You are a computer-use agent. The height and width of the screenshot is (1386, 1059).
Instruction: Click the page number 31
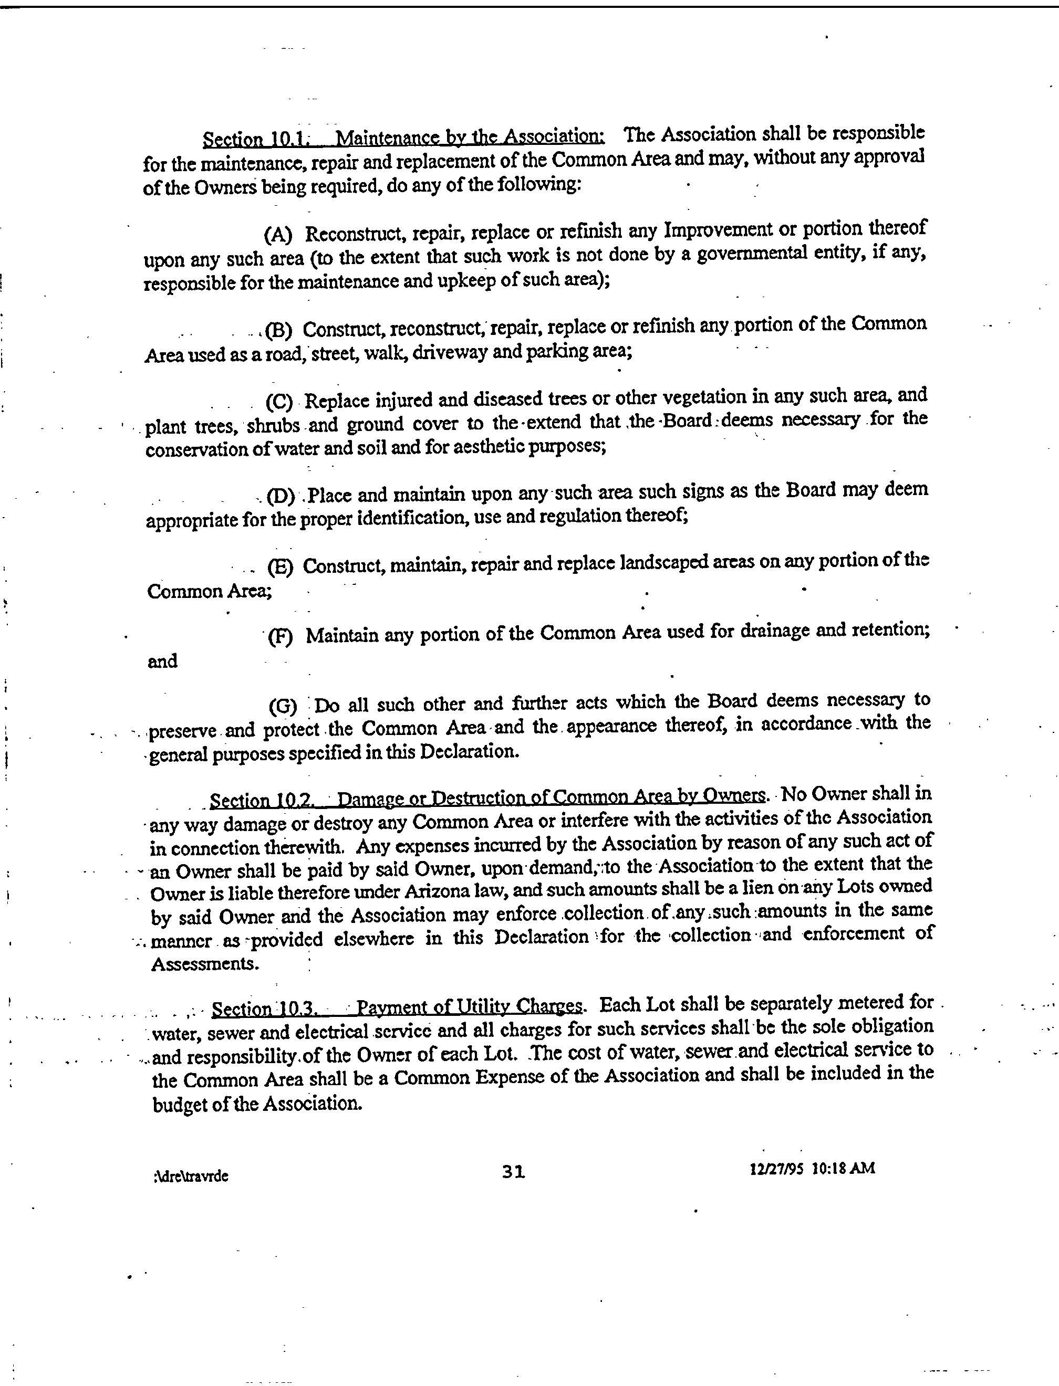[513, 1171]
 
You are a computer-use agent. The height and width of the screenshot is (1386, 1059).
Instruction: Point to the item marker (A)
[278, 235]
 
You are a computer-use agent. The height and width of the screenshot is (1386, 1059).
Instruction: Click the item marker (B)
[278, 330]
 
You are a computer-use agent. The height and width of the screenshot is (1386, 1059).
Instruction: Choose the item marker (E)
[281, 568]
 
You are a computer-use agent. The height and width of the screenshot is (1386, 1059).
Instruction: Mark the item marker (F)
[281, 637]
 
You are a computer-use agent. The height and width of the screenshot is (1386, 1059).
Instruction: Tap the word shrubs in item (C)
[273, 426]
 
